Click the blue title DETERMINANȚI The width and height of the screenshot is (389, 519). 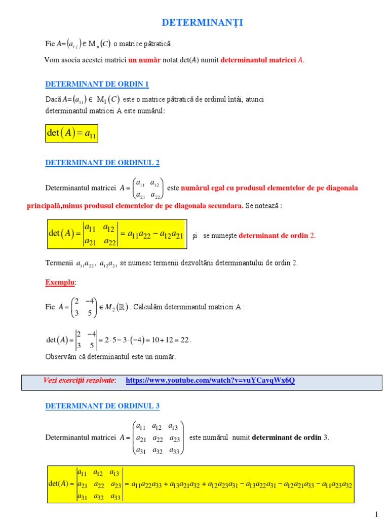(x=195, y=23)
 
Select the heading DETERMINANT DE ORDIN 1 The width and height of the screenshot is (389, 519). (x=97, y=84)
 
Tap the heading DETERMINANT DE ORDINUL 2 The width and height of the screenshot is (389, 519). (x=102, y=163)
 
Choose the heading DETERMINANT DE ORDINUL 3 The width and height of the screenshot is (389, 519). (x=102, y=405)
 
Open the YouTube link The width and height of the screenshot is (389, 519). (x=210, y=380)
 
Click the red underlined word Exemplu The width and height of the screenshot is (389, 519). (x=61, y=282)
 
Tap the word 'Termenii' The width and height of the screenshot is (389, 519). (x=59, y=263)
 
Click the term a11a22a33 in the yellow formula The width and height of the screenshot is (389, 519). (x=147, y=485)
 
